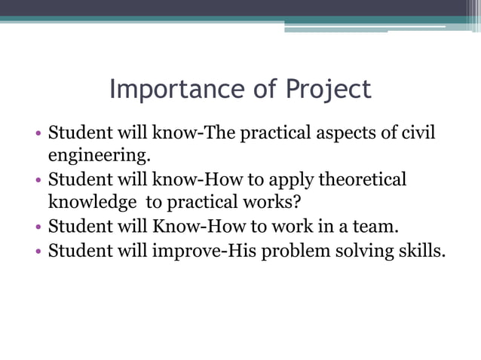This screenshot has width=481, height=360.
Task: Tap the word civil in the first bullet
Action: pyautogui.click(x=420, y=133)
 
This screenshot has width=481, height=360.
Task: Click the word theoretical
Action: pyautogui.click(x=363, y=180)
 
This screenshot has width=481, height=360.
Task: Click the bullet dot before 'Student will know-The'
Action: pyautogui.click(x=38, y=135)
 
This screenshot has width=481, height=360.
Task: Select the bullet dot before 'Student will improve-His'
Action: pyautogui.click(x=38, y=251)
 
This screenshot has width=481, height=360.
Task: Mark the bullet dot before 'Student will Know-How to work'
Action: pyautogui.click(x=38, y=227)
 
